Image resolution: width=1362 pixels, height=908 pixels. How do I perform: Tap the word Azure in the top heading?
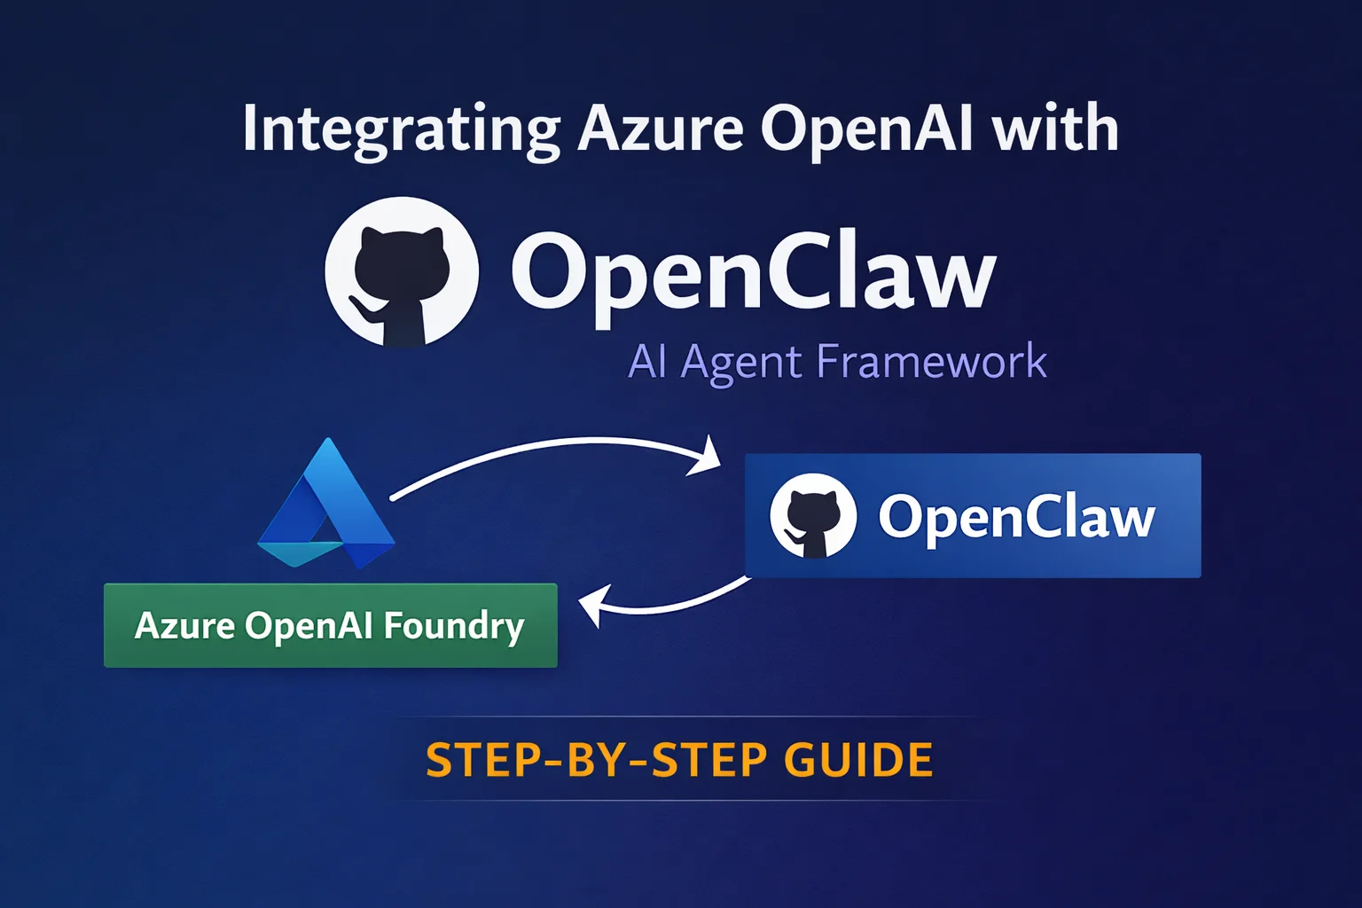pyautogui.click(x=661, y=129)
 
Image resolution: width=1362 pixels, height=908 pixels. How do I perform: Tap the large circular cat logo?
pyautogui.click(x=402, y=272)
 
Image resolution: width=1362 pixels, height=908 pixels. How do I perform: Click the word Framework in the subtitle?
pyautogui.click(x=931, y=362)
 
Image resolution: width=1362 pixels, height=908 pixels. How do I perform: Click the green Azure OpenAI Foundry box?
pyautogui.click(x=330, y=625)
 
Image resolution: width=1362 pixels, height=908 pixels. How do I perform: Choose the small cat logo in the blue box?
pyautogui.click(x=813, y=516)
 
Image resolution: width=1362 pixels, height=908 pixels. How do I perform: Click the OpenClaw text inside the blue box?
pyautogui.click(x=1016, y=517)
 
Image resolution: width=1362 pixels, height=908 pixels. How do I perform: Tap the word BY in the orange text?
pyautogui.click(x=607, y=761)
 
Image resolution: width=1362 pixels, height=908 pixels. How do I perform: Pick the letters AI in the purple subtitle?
pyautogui.click(x=647, y=362)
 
